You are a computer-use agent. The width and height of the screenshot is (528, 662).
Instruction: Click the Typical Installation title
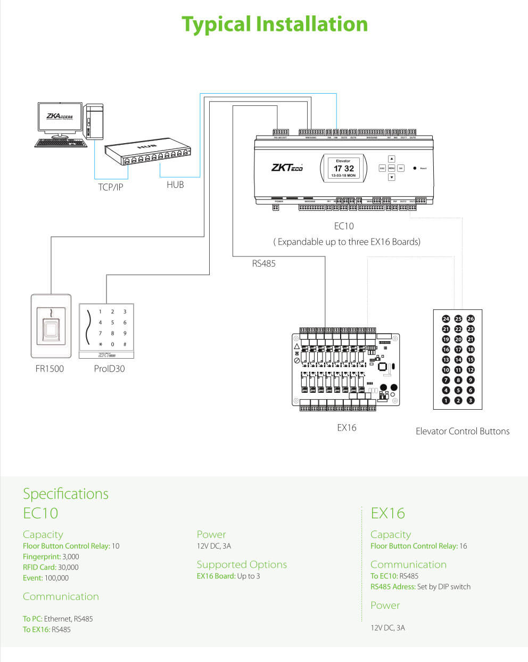[x=275, y=24]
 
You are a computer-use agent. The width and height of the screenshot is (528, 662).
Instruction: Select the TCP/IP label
[x=110, y=187]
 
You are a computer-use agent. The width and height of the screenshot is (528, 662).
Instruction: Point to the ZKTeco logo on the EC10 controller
[x=287, y=168]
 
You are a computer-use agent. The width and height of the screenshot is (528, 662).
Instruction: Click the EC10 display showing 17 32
[x=343, y=168]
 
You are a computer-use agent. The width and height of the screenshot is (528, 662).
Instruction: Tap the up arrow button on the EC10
[x=391, y=159]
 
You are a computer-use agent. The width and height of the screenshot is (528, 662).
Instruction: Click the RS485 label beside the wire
[x=263, y=263]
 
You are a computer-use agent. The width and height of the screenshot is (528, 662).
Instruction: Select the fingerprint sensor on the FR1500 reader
[x=51, y=330]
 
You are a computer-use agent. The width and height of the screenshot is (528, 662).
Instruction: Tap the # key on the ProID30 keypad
[x=125, y=344]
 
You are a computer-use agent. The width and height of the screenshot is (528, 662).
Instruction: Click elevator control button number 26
[x=471, y=319]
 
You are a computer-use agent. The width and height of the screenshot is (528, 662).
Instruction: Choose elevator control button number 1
[x=446, y=400]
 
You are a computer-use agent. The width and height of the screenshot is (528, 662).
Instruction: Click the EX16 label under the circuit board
[x=346, y=427]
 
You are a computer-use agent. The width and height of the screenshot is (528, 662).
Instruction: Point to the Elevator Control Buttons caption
[x=462, y=431]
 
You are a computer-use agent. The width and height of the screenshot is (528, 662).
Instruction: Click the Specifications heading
[x=65, y=494]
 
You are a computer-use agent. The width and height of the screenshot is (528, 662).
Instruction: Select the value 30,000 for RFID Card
[x=68, y=567]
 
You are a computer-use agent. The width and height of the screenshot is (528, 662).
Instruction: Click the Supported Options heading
[x=242, y=565]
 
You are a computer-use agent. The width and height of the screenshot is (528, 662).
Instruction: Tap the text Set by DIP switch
[x=444, y=586]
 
